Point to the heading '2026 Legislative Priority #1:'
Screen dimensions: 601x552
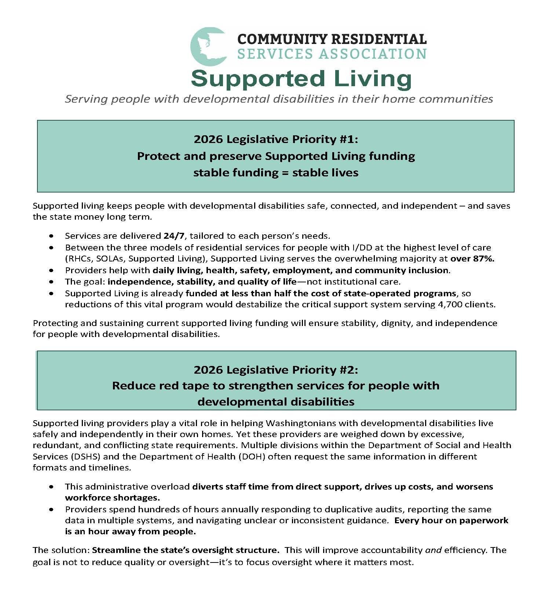pos(275,139)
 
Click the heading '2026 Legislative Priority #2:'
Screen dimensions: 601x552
pos(275,370)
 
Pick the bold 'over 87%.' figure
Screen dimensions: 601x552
pos(472,259)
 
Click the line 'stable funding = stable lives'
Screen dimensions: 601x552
pos(275,173)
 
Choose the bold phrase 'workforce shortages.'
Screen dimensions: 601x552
pos(112,498)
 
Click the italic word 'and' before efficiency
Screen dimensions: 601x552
pos(433,550)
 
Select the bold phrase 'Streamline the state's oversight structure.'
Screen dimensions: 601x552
pos(186,550)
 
